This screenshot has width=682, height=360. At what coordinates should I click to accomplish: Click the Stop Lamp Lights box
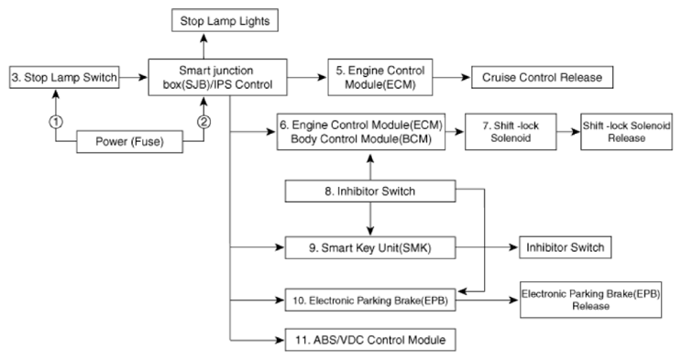pyautogui.click(x=225, y=20)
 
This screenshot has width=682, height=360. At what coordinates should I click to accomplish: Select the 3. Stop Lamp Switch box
pyautogui.click(x=64, y=77)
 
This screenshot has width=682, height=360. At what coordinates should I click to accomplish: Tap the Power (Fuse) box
pyautogui.click(x=129, y=141)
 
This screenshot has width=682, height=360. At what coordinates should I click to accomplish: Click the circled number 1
pyautogui.click(x=56, y=122)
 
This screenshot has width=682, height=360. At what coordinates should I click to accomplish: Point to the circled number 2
pyautogui.click(x=203, y=122)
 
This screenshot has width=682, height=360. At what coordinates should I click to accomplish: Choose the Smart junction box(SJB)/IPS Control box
pyautogui.click(x=217, y=77)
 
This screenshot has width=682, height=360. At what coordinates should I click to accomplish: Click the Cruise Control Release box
pyautogui.click(x=543, y=77)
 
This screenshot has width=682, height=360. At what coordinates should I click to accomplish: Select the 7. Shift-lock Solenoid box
pyautogui.click(x=511, y=132)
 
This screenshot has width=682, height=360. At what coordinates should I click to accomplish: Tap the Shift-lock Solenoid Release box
pyautogui.click(x=626, y=132)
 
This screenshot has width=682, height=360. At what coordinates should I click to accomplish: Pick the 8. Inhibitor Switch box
pyautogui.click(x=370, y=191)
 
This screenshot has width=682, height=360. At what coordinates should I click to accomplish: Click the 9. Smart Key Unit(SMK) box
pyautogui.click(x=370, y=248)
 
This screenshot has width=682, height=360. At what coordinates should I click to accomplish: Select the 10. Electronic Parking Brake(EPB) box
pyautogui.click(x=370, y=300)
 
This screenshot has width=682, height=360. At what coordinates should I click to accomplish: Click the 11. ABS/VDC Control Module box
pyautogui.click(x=370, y=340)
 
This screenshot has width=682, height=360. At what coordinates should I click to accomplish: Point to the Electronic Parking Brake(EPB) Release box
pyautogui.click(x=590, y=300)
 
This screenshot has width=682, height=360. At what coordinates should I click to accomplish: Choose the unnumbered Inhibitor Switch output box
pyautogui.click(x=565, y=247)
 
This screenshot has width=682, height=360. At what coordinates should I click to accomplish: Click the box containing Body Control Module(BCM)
pyautogui.click(x=361, y=132)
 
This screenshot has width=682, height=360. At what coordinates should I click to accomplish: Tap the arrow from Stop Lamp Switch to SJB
pyautogui.click(x=134, y=77)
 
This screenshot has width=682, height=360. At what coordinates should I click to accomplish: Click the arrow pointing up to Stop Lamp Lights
pyautogui.click(x=203, y=46)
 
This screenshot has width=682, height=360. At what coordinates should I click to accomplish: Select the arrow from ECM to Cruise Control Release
pyautogui.click(x=452, y=77)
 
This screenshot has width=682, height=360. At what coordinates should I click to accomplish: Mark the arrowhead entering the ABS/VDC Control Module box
pyautogui.click(x=280, y=340)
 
